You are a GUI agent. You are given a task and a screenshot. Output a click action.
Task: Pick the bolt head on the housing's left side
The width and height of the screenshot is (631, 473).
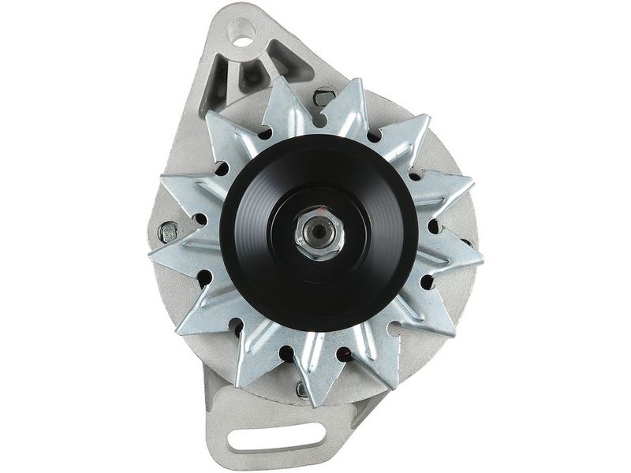click(x=168, y=232)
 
